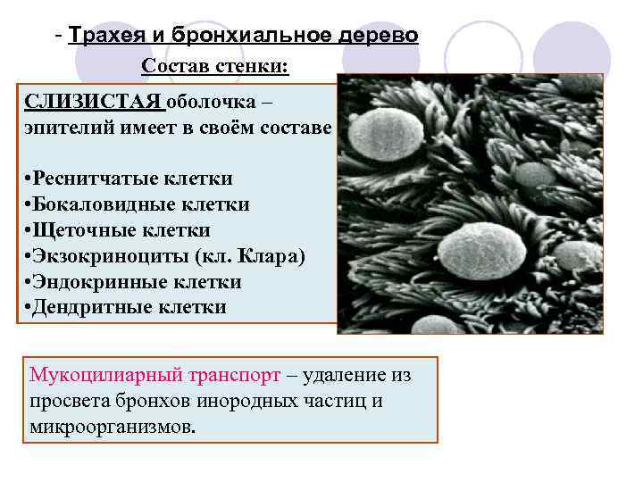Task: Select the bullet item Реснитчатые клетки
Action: point(130,179)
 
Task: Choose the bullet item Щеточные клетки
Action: point(119,231)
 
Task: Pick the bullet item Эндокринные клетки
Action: point(135,283)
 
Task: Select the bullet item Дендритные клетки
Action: point(128,309)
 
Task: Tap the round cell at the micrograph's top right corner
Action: point(580,85)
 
